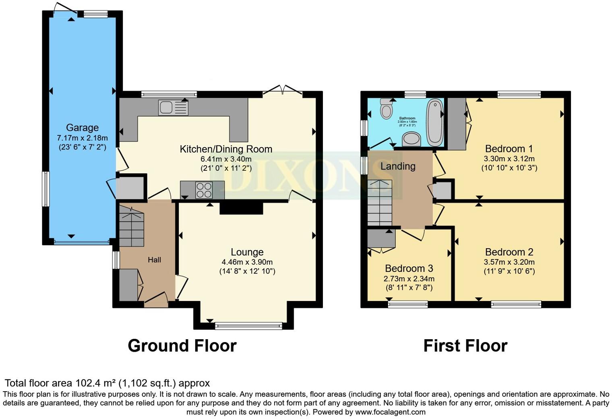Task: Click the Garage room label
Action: (x=82, y=128)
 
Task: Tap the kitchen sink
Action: (x=173, y=108)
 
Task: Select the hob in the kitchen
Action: (x=204, y=190)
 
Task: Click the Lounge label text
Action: (x=247, y=252)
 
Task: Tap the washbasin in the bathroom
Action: (x=411, y=139)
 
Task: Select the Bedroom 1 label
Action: (x=509, y=149)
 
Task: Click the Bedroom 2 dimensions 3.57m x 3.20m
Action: (x=509, y=262)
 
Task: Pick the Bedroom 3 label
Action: (x=409, y=269)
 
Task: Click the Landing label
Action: (x=398, y=166)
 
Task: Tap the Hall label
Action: (x=154, y=260)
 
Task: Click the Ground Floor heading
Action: (x=182, y=346)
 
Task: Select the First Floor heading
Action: (x=465, y=346)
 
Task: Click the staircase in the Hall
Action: (x=132, y=228)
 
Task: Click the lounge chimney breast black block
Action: (x=241, y=208)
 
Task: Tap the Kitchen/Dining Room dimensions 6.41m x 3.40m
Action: (x=226, y=159)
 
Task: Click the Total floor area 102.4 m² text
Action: (x=107, y=383)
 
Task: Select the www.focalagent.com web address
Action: (x=390, y=412)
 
